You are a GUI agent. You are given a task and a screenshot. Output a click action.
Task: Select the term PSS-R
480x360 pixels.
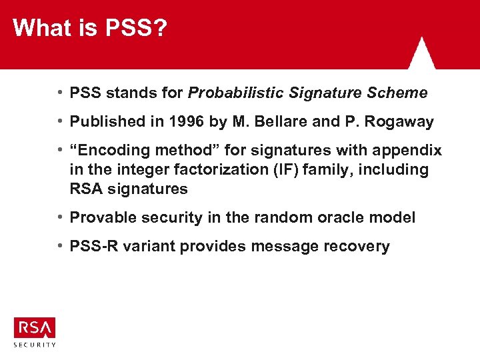tap(93, 247)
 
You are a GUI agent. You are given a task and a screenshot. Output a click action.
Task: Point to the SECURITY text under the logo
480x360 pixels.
tap(35, 345)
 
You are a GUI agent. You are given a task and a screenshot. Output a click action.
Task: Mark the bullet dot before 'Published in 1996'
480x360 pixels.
tap(61, 122)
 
